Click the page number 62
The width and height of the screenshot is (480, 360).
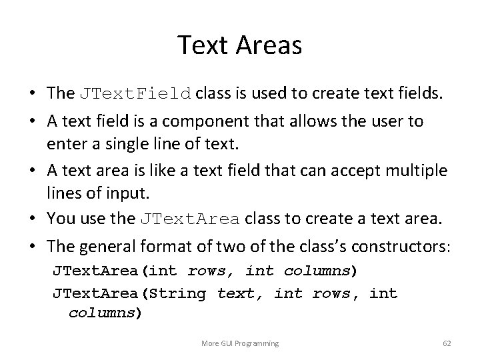(x=447, y=343)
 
